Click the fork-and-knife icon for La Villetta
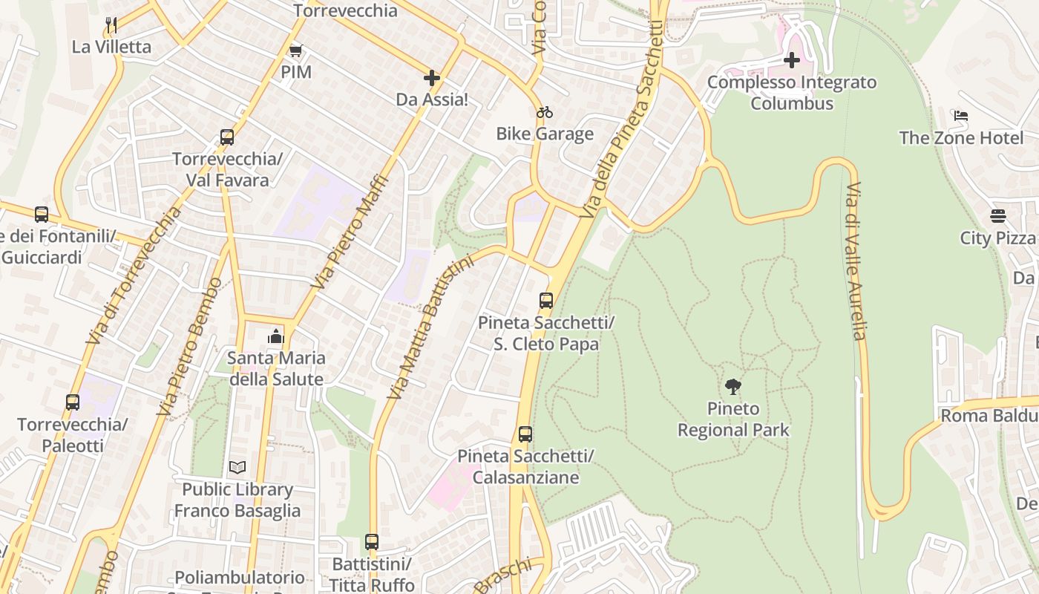tap(111, 25)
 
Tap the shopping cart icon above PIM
tap(296, 50)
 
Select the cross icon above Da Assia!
tap(432, 78)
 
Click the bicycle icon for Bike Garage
tap(545, 112)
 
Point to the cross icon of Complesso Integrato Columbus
tap(792, 60)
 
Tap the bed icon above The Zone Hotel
tap(961, 116)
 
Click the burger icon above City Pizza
tap(998, 216)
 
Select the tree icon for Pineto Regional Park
tap(733, 386)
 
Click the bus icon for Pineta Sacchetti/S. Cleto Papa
tap(546, 301)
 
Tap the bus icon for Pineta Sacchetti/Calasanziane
tap(525, 434)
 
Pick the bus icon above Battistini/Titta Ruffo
tap(372, 542)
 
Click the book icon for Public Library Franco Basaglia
tap(237, 467)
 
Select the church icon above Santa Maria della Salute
tap(276, 336)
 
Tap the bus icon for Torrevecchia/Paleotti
tap(73, 402)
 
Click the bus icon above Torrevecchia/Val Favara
tap(227, 137)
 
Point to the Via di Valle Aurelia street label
tap(856, 261)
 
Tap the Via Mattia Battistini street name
tap(430, 327)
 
